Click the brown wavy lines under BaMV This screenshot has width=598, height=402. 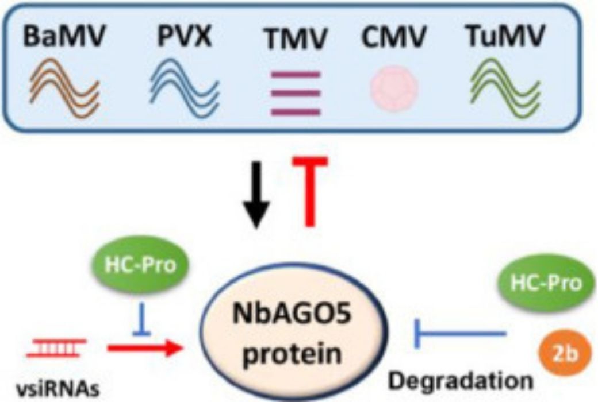64,83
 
